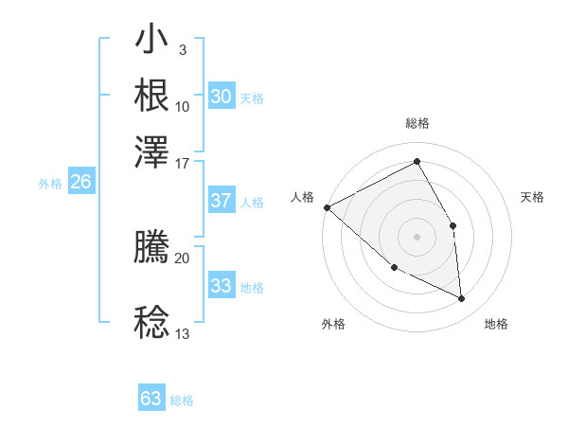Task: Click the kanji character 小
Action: (152, 42)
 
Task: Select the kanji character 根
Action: (152, 97)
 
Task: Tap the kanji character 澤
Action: (152, 151)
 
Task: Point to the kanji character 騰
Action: (152, 247)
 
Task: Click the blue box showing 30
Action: (221, 97)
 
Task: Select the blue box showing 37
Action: (221, 201)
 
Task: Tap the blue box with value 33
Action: (221, 286)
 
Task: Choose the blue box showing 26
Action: (80, 183)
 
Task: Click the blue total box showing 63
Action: (151, 399)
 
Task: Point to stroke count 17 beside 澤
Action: (183, 162)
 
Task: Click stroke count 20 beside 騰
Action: (183, 258)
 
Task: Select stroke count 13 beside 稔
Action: (183, 333)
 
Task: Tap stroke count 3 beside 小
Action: (182, 49)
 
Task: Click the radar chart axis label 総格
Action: (417, 123)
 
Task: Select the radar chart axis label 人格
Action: (302, 197)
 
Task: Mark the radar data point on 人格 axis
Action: (327, 207)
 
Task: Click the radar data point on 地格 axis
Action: (461, 298)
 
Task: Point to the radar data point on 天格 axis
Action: (453, 225)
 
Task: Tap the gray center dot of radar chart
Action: (417, 236)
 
